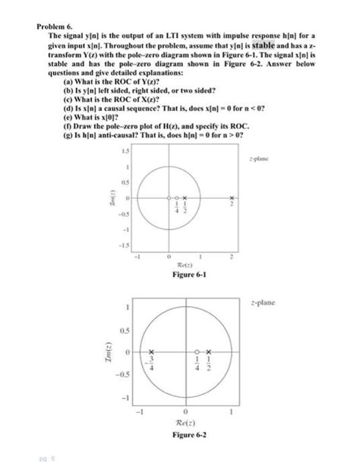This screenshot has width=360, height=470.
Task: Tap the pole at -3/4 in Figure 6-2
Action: click(x=151, y=352)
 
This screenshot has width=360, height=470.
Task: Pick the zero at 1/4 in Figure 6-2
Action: click(x=197, y=352)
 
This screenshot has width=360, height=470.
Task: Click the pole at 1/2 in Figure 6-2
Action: click(x=208, y=352)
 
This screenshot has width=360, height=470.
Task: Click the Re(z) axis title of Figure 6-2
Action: click(x=186, y=423)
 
